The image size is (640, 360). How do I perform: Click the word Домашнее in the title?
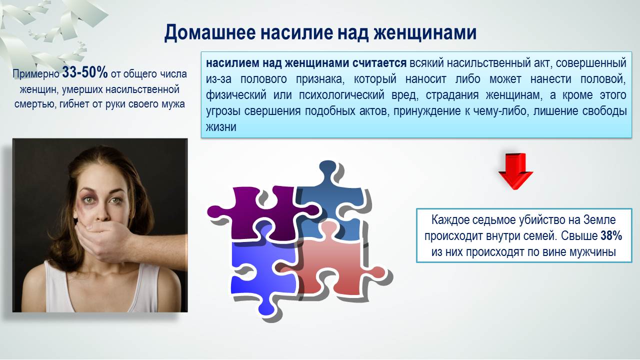[x=210, y=32]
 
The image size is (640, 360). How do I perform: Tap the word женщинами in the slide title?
[x=425, y=32]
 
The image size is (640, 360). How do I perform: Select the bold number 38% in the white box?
[x=611, y=236]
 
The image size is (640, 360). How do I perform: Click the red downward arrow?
[x=515, y=171]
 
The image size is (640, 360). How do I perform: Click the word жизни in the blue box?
[x=221, y=127]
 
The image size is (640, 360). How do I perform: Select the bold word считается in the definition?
[x=379, y=63]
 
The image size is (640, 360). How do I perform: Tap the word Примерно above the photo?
[x=35, y=74]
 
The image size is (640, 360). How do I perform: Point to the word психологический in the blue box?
[x=341, y=95]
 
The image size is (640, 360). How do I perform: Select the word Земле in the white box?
[x=599, y=220]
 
